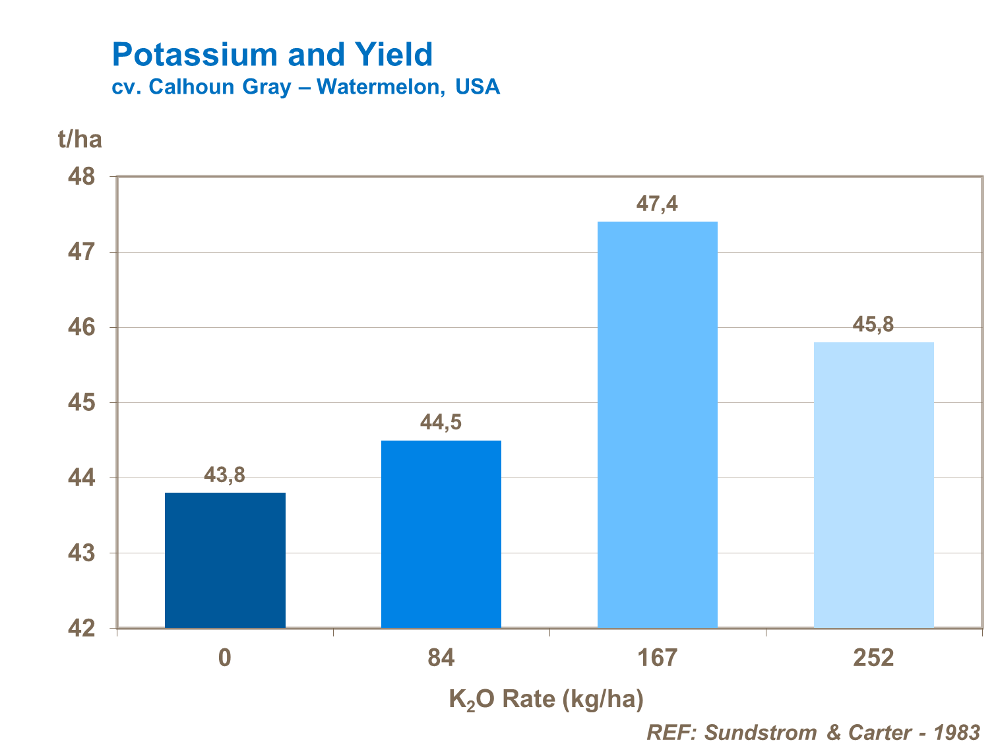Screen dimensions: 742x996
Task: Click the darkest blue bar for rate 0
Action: pyautogui.click(x=225, y=560)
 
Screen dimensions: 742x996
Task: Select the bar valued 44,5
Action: pyautogui.click(x=441, y=534)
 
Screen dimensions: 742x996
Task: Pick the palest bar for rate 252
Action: pyautogui.click(x=873, y=485)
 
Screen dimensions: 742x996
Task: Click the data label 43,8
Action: pyautogui.click(x=224, y=474)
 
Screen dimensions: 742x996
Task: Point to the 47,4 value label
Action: pyautogui.click(x=657, y=204)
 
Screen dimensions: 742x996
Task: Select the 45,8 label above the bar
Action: pyautogui.click(x=873, y=324)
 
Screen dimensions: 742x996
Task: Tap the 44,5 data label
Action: pyautogui.click(x=441, y=422)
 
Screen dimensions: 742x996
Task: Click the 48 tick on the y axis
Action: pyautogui.click(x=82, y=177)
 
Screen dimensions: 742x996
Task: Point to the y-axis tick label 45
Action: pyautogui.click(x=82, y=402)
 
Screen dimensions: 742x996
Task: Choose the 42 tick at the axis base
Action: pyautogui.click(x=82, y=629)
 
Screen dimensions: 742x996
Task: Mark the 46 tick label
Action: pyautogui.click(x=82, y=327)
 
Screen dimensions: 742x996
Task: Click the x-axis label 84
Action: pyautogui.click(x=441, y=658)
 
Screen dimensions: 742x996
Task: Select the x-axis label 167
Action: pyautogui.click(x=658, y=658)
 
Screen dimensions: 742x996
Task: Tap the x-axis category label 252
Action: pyautogui.click(x=873, y=658)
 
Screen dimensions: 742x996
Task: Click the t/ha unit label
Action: pyautogui.click(x=80, y=139)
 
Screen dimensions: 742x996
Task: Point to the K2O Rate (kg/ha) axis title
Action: pyautogui.click(x=546, y=699)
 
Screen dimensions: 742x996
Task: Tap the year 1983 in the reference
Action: pyautogui.click(x=957, y=732)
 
